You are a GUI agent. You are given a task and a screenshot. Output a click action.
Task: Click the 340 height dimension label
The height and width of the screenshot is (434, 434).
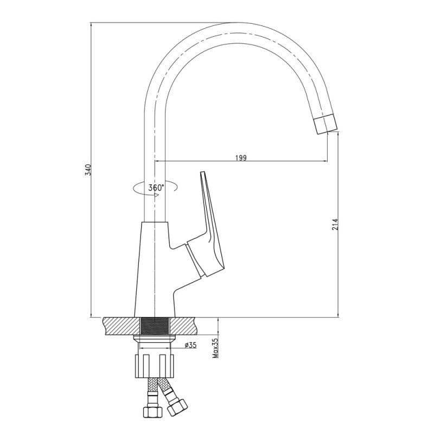tap(88, 170)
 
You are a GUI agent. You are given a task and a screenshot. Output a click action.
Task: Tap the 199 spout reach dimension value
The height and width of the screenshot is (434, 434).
tap(241, 158)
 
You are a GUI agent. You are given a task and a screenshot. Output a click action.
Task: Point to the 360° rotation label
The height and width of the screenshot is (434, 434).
tap(156, 188)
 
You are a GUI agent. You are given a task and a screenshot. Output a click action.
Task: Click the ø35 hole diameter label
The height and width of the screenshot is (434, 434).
tap(190, 344)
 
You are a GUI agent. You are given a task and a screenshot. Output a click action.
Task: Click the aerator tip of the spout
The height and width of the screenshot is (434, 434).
tap(325, 125)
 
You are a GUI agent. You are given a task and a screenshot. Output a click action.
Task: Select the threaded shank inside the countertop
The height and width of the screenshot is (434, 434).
tap(155, 327)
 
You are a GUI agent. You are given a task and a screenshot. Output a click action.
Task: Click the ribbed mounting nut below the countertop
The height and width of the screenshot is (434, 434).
tap(155, 366)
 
